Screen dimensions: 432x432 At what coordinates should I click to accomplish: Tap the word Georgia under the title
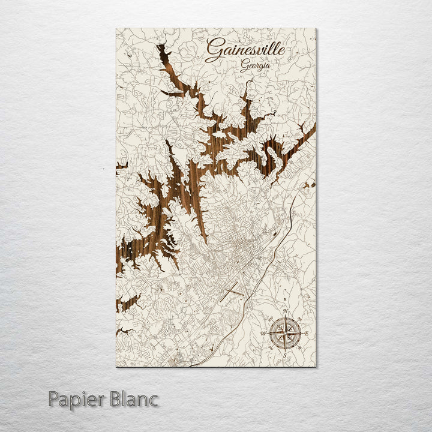(x=254, y=67)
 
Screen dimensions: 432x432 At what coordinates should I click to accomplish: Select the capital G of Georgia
(x=243, y=66)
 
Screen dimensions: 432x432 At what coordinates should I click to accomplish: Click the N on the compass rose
(x=285, y=311)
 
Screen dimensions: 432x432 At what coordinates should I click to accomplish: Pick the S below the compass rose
(x=285, y=355)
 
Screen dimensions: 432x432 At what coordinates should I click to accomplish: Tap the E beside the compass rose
(x=307, y=333)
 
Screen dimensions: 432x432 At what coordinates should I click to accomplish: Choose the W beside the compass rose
(x=263, y=334)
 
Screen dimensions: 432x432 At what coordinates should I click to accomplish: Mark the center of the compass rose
(x=285, y=334)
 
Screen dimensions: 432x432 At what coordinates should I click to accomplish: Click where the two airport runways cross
(x=233, y=290)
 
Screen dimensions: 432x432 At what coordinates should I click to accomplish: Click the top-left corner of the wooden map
(x=116, y=29)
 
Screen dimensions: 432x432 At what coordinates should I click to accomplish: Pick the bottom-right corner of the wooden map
(x=316, y=365)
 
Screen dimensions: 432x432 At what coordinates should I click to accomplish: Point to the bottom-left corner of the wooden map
(x=116, y=365)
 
